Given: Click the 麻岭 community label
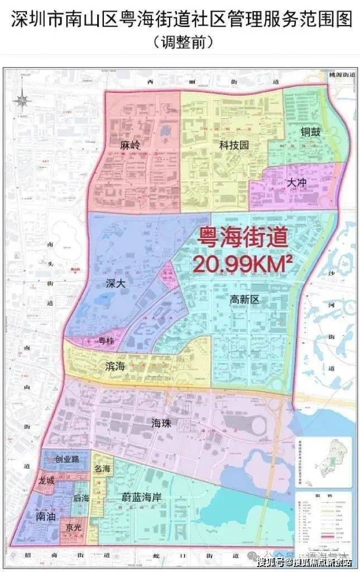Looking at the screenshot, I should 130,145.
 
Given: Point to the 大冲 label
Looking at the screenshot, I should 297,183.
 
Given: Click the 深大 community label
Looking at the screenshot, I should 114,283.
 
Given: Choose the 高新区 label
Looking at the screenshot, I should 245,300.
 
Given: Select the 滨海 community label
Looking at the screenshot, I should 115,366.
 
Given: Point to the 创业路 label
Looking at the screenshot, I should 66,459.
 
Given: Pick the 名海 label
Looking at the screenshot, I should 102,469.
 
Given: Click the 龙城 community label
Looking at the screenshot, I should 46,480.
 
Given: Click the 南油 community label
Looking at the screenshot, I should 46,517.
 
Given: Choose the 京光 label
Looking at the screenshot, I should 73,527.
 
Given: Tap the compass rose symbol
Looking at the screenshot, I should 22,100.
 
